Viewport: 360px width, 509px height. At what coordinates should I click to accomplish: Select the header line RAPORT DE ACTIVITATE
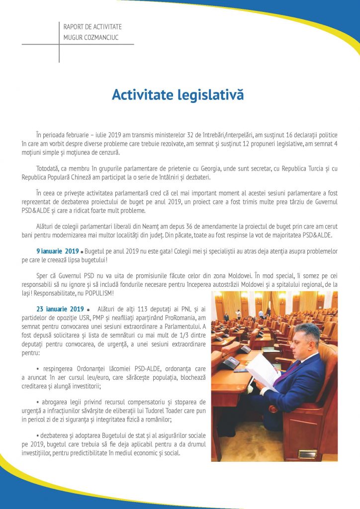pos(92,26)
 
